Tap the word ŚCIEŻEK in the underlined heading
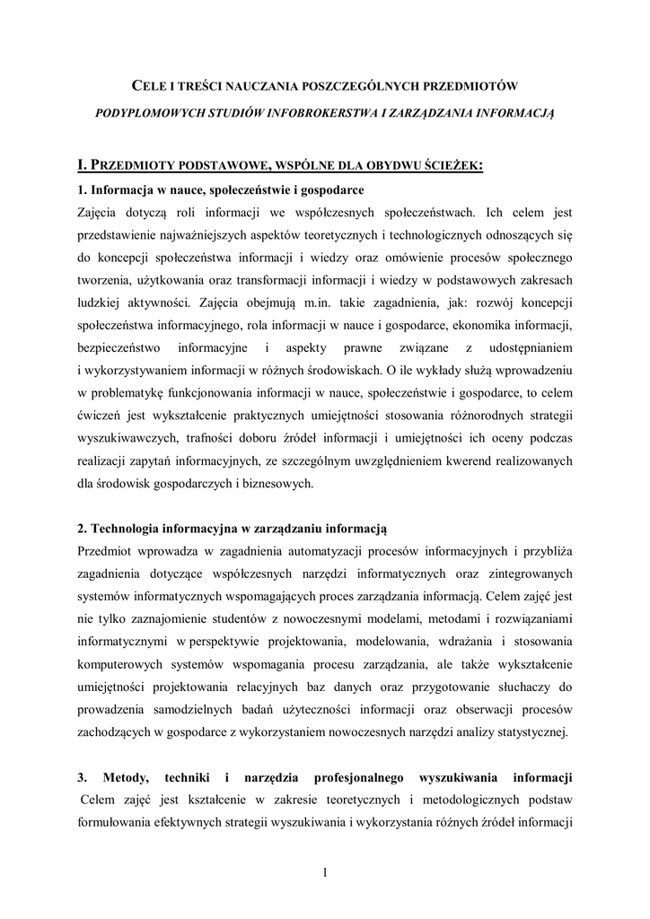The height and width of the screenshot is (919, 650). click(451, 165)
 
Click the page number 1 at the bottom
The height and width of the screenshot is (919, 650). click(324, 873)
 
